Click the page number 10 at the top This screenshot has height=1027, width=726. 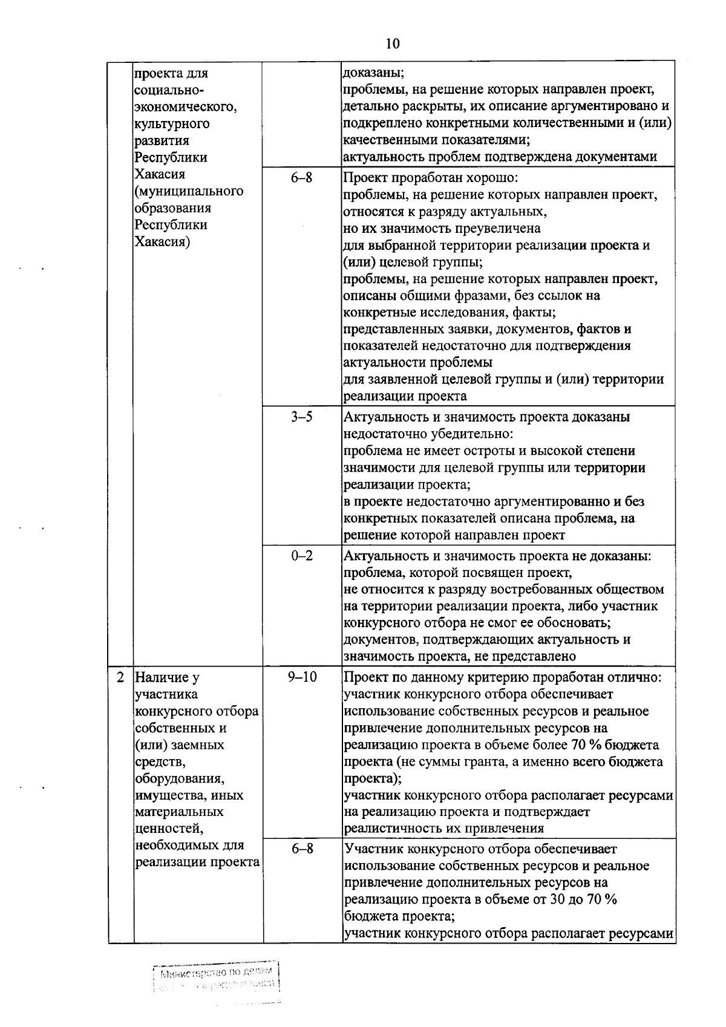click(392, 44)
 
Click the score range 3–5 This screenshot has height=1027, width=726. click(301, 417)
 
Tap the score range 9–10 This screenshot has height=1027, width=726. click(302, 677)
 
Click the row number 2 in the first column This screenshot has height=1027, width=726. click(120, 677)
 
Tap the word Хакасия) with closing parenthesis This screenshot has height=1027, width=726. click(162, 242)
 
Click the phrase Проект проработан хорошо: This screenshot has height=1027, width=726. click(430, 178)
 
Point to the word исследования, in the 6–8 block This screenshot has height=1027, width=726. click(469, 313)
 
